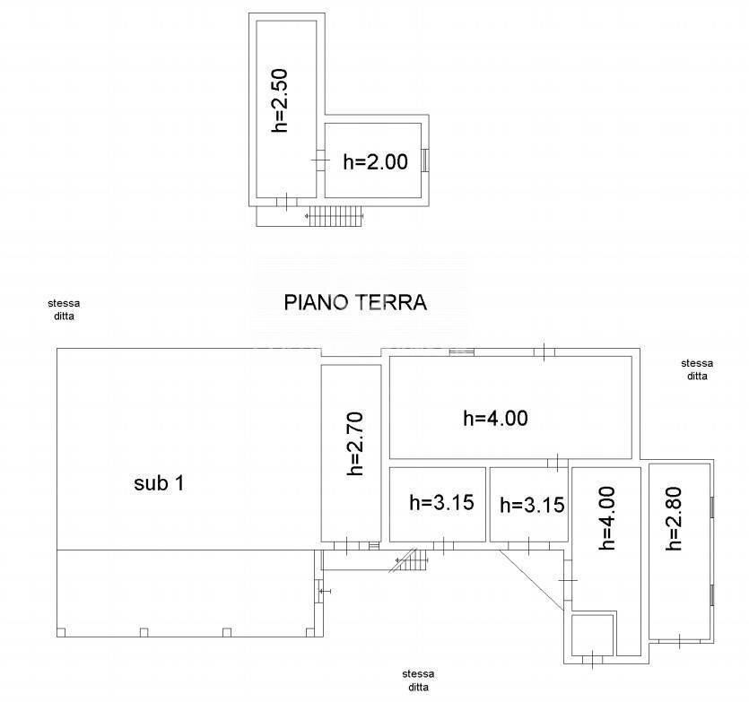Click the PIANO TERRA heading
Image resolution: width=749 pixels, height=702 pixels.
click(355, 303)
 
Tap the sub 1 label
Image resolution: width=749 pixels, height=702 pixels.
click(159, 483)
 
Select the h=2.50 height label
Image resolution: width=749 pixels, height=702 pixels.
click(280, 100)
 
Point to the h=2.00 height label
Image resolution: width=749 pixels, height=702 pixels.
click(376, 161)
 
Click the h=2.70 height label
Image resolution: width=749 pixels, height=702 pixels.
click(355, 444)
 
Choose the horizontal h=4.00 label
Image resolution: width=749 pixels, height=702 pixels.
click(495, 419)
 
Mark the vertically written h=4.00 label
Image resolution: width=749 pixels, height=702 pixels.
click(606, 518)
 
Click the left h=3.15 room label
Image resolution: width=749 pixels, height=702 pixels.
click(441, 502)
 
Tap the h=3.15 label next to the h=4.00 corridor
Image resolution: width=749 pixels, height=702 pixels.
click(532, 506)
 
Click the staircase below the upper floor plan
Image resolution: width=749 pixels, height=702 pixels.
click(335, 216)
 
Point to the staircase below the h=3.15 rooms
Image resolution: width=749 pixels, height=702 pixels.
click(408, 560)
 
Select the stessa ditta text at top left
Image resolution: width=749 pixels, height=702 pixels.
click(64, 309)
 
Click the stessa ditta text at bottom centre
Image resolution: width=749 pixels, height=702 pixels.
click(418, 680)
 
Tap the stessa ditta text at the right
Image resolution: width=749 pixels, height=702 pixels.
click(697, 369)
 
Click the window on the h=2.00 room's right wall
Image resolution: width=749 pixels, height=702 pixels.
click(424, 160)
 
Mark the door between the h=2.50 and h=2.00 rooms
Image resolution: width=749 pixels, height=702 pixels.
click(320, 160)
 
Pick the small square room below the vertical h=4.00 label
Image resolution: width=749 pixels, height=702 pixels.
click(592, 635)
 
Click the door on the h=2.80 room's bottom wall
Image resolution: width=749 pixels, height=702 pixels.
click(679, 641)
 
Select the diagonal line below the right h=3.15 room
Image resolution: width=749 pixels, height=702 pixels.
click(532, 580)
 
